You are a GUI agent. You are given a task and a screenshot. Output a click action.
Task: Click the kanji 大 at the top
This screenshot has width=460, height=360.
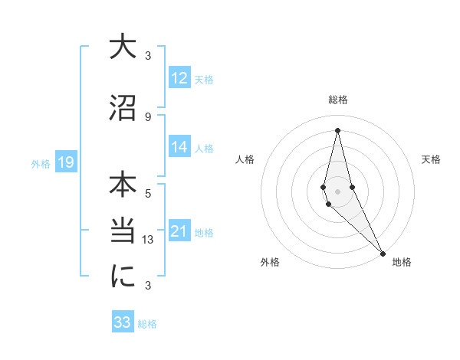[123, 47]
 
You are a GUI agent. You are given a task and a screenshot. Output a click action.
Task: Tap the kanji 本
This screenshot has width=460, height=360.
[123, 186]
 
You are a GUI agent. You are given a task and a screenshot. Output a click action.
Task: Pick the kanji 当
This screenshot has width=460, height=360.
[123, 232]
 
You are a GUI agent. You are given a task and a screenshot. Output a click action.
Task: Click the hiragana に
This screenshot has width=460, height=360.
[123, 277]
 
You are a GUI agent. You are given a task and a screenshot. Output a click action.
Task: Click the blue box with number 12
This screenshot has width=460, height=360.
[179, 78]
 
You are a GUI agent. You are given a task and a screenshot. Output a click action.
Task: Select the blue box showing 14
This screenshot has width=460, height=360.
[179, 147]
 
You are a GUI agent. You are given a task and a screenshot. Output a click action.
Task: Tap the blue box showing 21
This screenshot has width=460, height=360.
[179, 231]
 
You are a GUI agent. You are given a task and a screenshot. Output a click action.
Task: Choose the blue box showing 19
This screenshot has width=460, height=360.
[65, 162]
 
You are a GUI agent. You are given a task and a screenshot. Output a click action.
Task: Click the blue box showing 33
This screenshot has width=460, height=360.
[123, 322]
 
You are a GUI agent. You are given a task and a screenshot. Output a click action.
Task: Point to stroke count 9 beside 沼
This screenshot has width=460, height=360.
[148, 116]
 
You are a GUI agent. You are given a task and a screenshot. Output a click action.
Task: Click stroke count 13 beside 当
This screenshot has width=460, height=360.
[148, 239]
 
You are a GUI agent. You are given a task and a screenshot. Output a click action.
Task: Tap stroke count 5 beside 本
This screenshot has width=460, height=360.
[148, 194]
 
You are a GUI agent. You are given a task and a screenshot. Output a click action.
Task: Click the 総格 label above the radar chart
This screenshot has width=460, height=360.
[337, 100]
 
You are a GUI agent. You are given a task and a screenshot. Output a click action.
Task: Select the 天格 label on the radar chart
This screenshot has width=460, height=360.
[432, 159]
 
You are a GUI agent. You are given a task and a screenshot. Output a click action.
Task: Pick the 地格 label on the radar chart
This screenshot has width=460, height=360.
[402, 262]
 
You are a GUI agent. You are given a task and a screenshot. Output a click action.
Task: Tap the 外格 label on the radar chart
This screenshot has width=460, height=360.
[270, 262]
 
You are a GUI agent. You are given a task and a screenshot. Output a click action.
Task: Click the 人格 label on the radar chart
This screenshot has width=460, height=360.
[245, 159]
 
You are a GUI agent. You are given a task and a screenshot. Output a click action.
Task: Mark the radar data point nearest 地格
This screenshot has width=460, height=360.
[383, 253]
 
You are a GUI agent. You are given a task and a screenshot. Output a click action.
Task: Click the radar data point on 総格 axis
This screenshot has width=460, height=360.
[337, 129]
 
